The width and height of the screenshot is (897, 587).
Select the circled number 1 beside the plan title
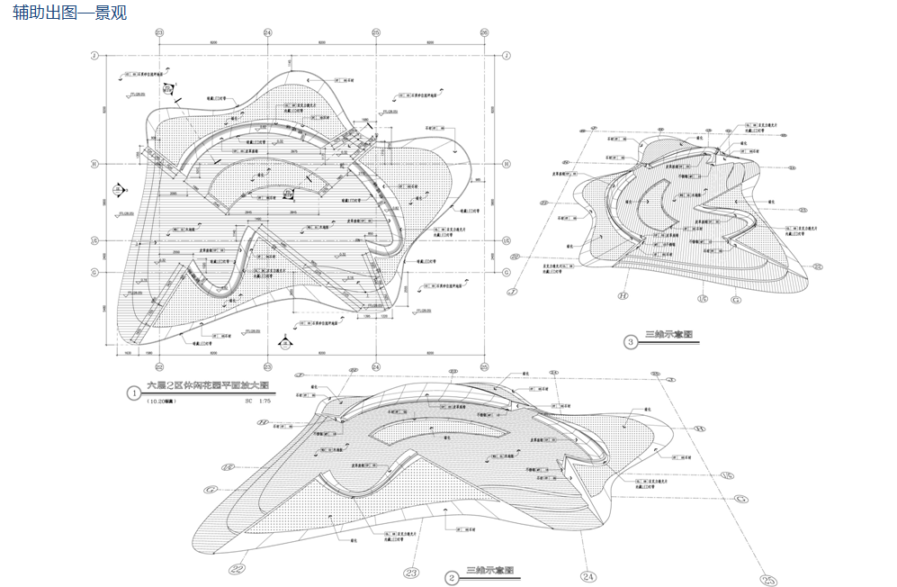[134, 393]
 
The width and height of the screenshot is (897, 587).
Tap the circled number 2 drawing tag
[452, 577]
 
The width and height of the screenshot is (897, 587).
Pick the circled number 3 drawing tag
[632, 341]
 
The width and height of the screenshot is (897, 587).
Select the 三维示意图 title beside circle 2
[490, 571]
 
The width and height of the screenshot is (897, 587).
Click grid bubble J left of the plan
[93, 56]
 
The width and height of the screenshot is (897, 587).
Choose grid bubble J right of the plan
[507, 56]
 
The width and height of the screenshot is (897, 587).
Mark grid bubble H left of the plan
[93, 164]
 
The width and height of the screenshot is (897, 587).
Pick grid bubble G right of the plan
[507, 272]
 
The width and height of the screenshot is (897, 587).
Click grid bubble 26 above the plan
[484, 32]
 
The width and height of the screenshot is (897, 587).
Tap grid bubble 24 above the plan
[267, 32]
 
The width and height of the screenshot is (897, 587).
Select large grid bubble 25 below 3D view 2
[767, 580]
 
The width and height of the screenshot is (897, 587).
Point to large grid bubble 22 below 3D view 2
[238, 568]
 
